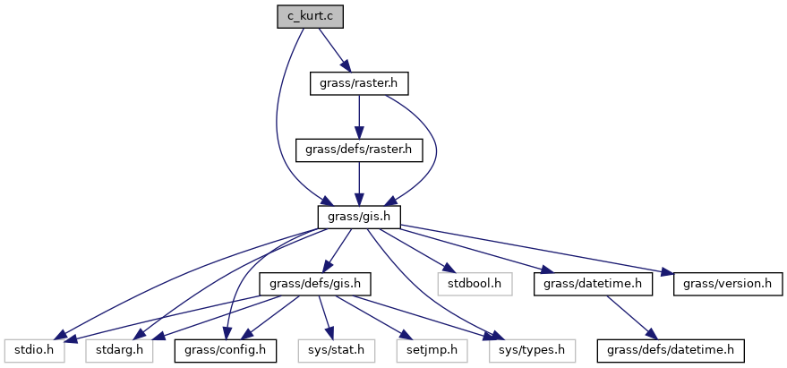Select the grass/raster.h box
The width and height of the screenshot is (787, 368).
(358, 83)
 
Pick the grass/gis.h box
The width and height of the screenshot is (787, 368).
(358, 217)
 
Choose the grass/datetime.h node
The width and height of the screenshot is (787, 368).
(586, 284)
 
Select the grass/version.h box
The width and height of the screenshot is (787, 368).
(722, 284)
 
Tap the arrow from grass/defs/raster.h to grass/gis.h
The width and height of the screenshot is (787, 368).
(358, 184)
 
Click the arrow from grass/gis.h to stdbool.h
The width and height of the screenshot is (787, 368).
(416, 250)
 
